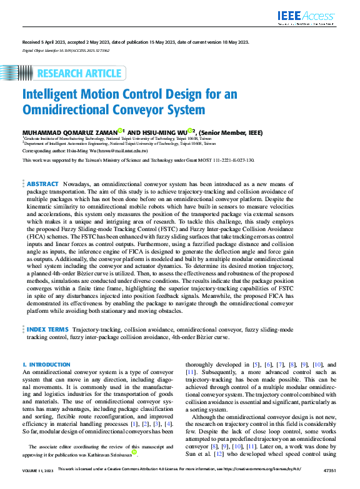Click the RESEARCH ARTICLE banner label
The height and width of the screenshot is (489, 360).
coord(79,74)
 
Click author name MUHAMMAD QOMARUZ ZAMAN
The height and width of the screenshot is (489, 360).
coord(69,132)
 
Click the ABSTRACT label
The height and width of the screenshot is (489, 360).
coord(43,184)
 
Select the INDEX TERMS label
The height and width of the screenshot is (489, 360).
coord(47,328)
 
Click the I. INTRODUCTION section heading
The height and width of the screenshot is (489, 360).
coord(46,364)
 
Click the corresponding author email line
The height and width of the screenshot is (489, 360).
coord(85,151)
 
